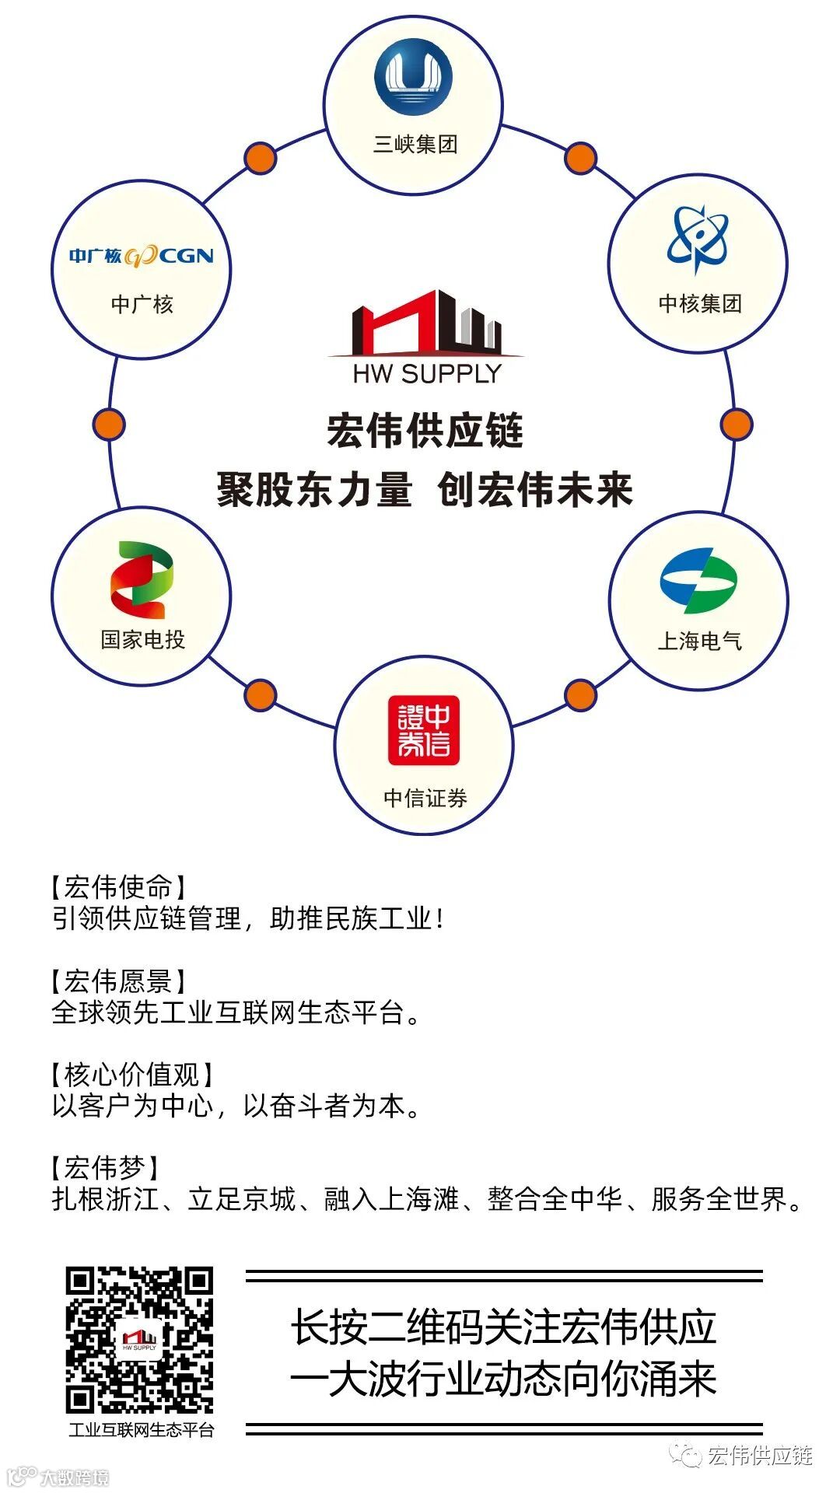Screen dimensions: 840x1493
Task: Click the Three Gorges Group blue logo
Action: pos(413,78)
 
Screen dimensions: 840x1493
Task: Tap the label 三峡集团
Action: pos(415,145)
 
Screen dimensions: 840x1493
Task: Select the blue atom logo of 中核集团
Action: pos(698,239)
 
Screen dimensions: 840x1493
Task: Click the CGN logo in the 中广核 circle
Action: pos(142,255)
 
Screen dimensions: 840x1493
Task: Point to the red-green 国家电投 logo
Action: pos(142,580)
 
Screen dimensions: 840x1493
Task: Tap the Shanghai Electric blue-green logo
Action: pos(698,580)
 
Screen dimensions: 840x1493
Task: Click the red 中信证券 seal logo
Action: pos(424,730)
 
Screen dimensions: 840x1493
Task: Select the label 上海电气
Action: pos(699,641)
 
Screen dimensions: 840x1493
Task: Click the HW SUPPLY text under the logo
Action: pos(426,374)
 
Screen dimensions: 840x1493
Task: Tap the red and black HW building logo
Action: pos(426,323)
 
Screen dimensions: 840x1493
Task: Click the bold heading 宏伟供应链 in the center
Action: pos(425,431)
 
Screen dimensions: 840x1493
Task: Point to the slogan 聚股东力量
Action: pos(314,490)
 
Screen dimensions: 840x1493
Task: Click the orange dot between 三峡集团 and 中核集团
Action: pos(580,158)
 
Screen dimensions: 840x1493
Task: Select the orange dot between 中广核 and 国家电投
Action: pos(109,425)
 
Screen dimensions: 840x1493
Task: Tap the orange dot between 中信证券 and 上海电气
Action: pos(580,695)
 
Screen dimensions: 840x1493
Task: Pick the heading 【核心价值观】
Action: pos(131,1075)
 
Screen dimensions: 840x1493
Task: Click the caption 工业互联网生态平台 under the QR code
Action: pos(141,1430)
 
